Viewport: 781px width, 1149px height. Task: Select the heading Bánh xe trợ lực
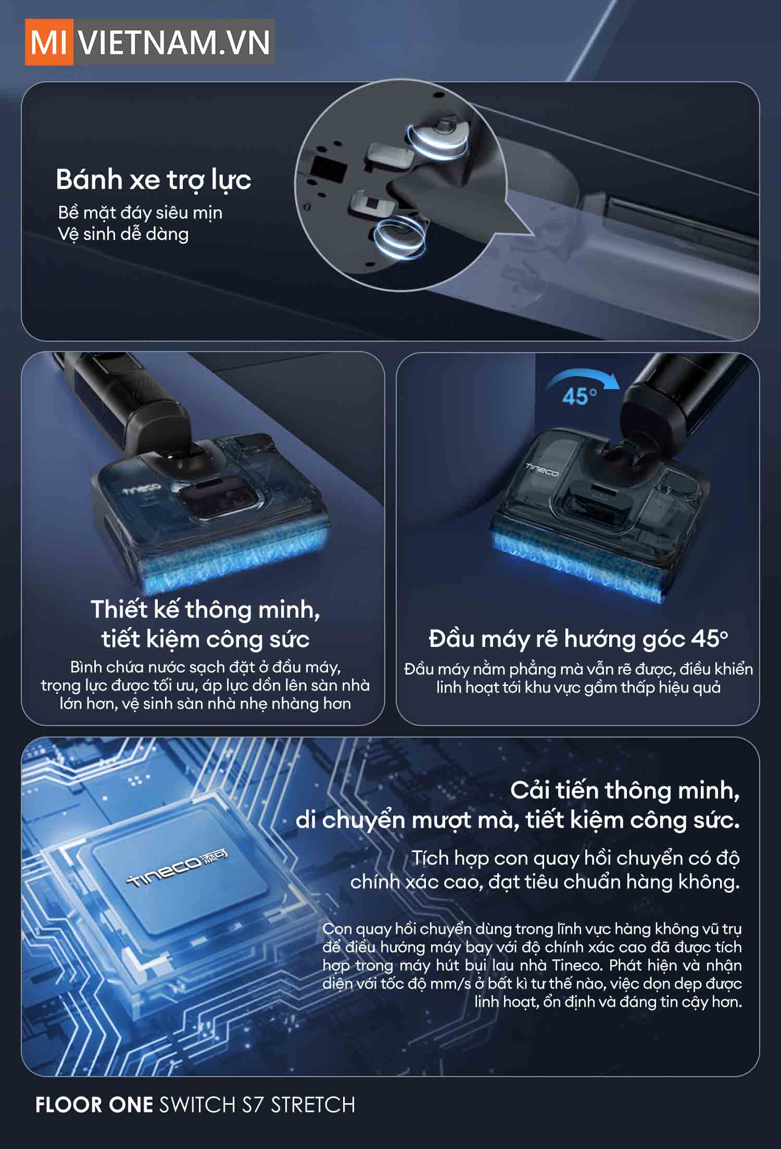154,180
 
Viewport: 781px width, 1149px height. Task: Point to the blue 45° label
580,397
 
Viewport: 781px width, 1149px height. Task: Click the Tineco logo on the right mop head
541,470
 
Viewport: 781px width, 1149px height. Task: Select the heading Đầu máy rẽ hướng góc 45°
578,639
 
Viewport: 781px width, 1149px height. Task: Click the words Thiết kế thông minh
205,609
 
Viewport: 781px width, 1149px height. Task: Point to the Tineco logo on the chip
177,870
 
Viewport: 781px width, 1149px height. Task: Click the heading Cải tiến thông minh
625,790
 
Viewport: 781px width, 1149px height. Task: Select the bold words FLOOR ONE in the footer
94,1105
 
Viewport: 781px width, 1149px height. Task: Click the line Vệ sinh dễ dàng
123,234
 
